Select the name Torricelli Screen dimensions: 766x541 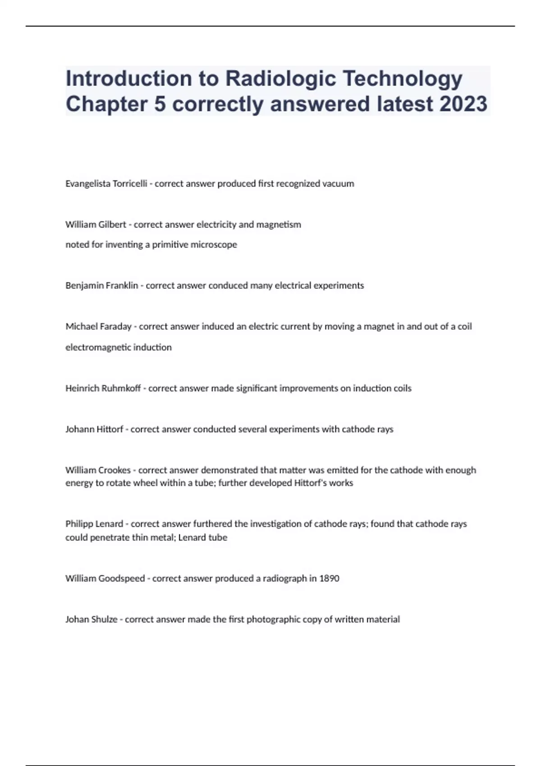point(127,184)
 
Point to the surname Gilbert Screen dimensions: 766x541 point(112,224)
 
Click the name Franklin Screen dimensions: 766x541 point(122,286)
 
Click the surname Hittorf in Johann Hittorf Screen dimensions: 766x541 point(108,429)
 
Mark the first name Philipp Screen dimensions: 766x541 point(79,524)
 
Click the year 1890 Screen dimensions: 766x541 point(329,579)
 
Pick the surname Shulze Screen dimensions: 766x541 point(104,620)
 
